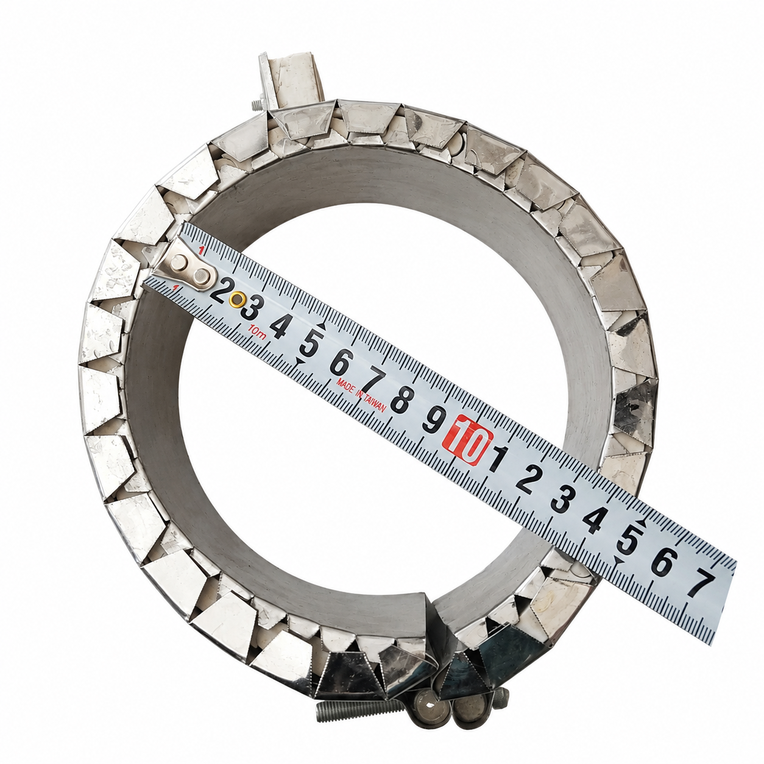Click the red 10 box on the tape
[468, 439]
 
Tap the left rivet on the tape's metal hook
[179, 261]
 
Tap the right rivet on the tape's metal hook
[203, 274]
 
